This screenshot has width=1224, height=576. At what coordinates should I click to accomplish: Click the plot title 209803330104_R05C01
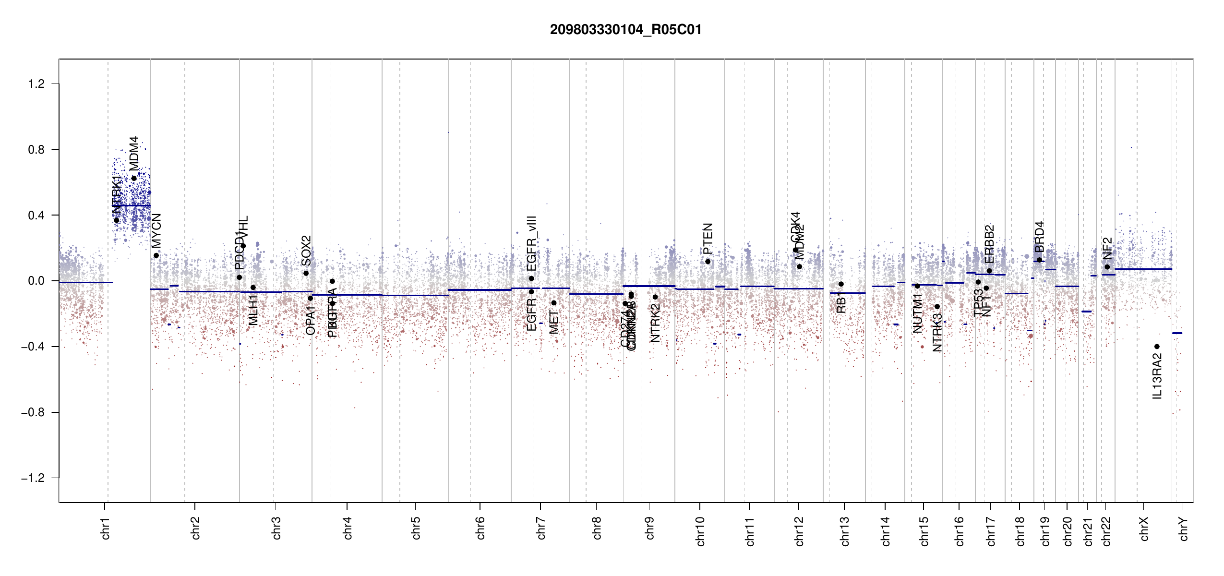[x=625, y=30]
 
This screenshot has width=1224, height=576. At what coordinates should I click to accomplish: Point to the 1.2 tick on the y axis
[x=36, y=84]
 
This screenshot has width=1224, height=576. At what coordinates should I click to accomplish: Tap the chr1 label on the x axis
[x=105, y=528]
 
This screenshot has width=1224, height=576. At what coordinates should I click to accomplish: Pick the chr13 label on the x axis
[x=844, y=531]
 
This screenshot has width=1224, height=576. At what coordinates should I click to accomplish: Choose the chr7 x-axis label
[x=541, y=528]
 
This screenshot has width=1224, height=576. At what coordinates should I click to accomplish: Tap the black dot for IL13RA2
[x=1157, y=347]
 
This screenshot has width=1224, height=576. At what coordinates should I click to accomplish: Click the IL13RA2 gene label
[x=1157, y=376]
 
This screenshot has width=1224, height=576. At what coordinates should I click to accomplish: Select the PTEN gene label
[x=708, y=239]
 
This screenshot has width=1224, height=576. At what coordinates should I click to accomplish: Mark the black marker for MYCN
[x=156, y=255]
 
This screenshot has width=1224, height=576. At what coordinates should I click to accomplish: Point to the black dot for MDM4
[x=134, y=178]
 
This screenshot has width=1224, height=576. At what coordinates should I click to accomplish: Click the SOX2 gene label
[x=306, y=251]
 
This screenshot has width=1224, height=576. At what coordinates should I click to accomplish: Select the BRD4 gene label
[x=1039, y=237]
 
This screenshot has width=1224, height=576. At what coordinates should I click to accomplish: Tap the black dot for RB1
[x=841, y=284]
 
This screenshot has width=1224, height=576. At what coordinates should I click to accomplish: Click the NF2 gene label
[x=1107, y=248]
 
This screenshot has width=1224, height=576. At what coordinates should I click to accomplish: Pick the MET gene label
[x=554, y=322]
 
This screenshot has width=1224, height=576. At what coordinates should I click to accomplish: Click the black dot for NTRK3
[x=937, y=307]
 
